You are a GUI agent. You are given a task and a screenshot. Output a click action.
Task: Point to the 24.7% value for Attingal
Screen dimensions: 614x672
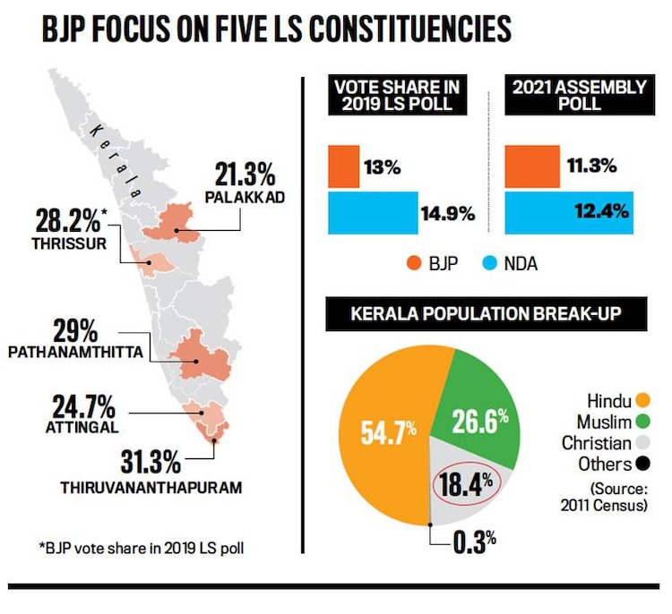(x=82, y=408)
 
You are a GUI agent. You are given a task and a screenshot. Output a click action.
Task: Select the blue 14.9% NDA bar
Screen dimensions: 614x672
(x=371, y=213)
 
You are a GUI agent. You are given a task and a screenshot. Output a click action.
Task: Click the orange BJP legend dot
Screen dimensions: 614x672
(x=414, y=264)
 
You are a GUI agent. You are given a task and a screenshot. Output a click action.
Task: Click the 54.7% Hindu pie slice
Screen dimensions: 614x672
(x=385, y=431)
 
